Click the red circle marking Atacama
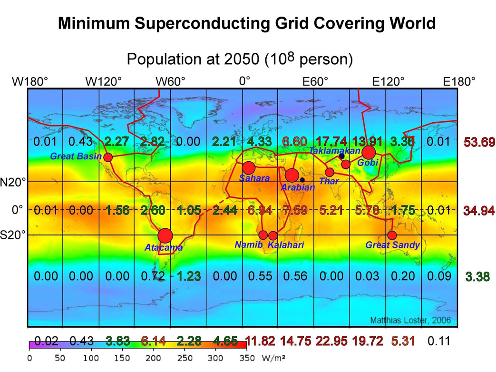tap(165, 235)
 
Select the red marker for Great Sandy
tap(392, 235)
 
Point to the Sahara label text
tap(254, 178)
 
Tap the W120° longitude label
tap(103, 81)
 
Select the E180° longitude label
tap(459, 81)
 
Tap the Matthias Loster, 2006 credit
tap(409, 320)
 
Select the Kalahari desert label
tap(285, 245)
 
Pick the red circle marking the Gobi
tap(369, 152)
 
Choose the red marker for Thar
tap(330, 172)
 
